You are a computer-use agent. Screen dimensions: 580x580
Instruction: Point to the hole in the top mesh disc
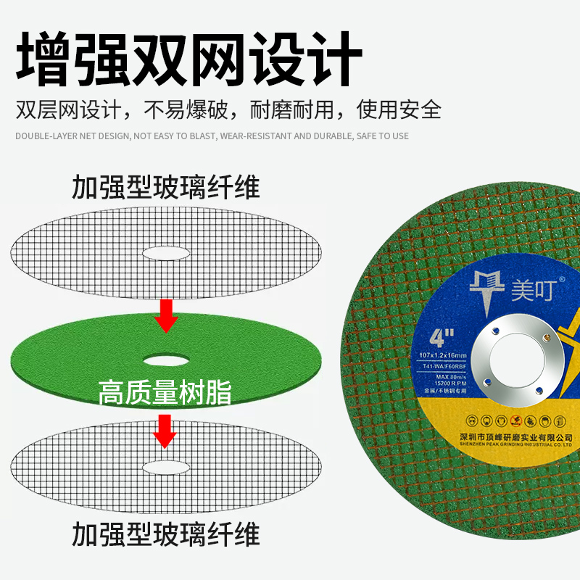coord(166,253)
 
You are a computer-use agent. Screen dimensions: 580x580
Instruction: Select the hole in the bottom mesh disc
coord(166,465)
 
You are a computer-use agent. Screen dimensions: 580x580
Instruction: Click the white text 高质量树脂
coord(165,394)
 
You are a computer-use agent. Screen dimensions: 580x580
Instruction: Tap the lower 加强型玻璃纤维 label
coord(165,536)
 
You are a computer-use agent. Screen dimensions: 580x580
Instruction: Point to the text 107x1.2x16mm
coord(442,354)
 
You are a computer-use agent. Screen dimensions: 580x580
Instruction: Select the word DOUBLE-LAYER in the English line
coord(43,136)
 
